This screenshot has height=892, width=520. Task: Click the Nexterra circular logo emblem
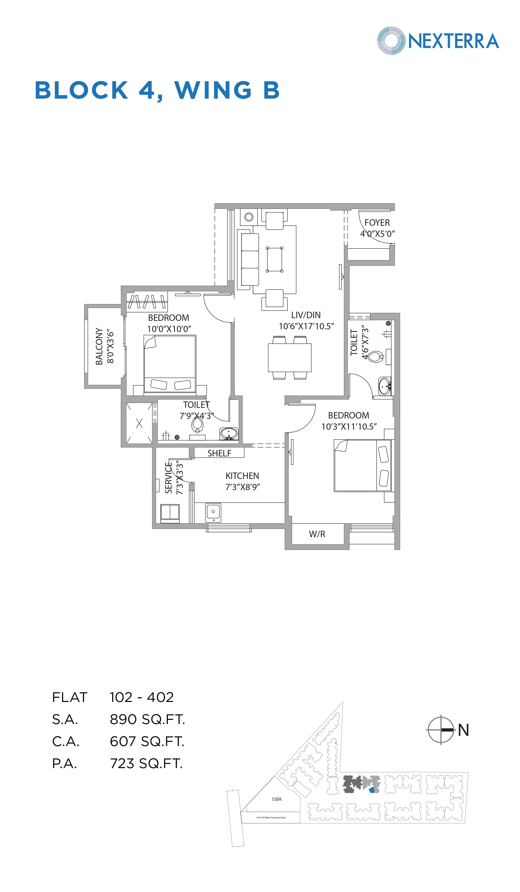coord(391,41)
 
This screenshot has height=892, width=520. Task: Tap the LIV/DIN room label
coord(306,315)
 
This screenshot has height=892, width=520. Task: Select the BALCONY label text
coord(99,346)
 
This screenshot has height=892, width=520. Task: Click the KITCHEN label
coord(242,476)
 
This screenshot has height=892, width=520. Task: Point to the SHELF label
coord(219,453)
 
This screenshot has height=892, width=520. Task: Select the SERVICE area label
coord(168,478)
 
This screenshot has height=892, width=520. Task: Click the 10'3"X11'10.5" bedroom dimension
coord(349,426)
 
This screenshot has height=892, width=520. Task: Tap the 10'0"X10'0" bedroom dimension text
coord(169,329)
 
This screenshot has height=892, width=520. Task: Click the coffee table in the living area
coord(275,259)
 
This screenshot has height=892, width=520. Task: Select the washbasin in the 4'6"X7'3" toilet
coord(384,386)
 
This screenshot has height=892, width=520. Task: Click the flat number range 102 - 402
coord(141,697)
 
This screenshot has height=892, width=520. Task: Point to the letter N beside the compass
coord(463,730)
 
